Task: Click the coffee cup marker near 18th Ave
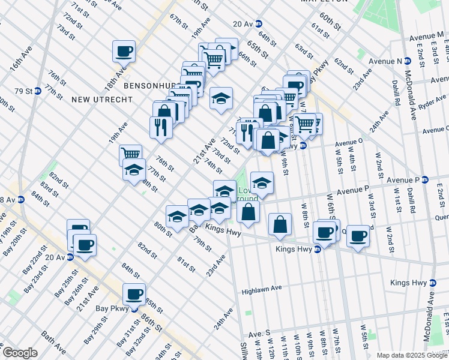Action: click(124, 51)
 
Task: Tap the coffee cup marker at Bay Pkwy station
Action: click(133, 294)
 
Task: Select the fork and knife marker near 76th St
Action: click(161, 127)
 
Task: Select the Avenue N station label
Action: click(390, 61)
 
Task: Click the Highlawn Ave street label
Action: click(262, 289)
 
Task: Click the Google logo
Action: click(19, 353)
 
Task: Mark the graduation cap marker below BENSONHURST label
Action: click(221, 98)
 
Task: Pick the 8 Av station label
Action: click(8, 200)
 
